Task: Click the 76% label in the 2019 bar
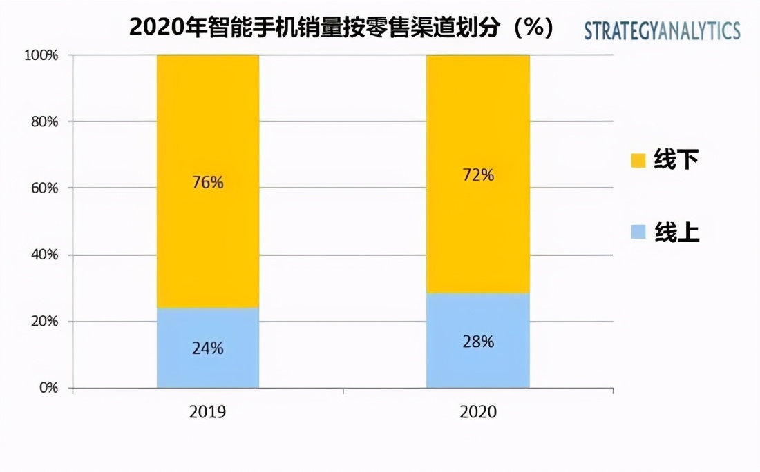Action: tap(208, 183)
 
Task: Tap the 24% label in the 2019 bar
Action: tap(208, 348)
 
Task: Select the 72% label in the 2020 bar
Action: tap(478, 175)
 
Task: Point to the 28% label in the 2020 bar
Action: tap(478, 342)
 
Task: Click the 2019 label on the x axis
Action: tap(207, 412)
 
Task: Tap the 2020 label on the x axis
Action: tap(478, 412)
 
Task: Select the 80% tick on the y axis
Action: tap(44, 122)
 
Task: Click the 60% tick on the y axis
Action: tap(44, 188)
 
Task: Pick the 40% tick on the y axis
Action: tap(44, 255)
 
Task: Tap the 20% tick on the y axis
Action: tap(44, 322)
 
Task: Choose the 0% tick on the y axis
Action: tap(48, 389)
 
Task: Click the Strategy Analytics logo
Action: tap(662, 31)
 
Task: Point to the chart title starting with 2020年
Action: tap(341, 28)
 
